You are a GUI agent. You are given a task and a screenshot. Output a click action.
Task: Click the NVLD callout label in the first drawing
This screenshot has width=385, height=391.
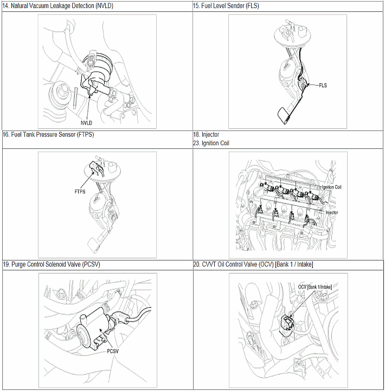[86, 123]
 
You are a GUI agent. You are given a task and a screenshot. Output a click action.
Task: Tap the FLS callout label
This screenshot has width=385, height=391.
[323, 86]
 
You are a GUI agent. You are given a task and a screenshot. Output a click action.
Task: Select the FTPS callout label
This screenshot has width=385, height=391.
[80, 192]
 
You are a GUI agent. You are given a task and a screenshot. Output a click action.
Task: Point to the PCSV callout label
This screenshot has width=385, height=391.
[113, 351]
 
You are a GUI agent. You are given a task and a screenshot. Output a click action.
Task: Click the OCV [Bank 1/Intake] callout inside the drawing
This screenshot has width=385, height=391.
[315, 287]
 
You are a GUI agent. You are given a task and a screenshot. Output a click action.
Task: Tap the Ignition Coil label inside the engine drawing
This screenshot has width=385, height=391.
[331, 187]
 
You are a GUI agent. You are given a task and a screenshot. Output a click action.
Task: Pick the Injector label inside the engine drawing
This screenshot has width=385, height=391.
[331, 212]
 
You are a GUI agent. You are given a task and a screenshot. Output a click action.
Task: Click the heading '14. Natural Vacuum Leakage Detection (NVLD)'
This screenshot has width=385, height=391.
[57, 6]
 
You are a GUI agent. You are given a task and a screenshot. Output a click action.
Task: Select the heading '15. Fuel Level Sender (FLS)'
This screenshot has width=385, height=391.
[226, 6]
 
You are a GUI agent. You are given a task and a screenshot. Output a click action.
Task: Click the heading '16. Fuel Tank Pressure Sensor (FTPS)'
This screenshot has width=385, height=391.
[48, 135]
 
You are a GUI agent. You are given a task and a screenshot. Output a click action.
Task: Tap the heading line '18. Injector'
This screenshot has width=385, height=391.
[206, 135]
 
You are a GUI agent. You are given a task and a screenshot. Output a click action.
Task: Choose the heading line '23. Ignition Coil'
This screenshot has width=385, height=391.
[211, 143]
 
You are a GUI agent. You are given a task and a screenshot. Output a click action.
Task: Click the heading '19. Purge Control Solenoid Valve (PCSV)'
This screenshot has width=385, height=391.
[52, 264]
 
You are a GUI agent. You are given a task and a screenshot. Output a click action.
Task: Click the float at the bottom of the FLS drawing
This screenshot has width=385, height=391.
[284, 115]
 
